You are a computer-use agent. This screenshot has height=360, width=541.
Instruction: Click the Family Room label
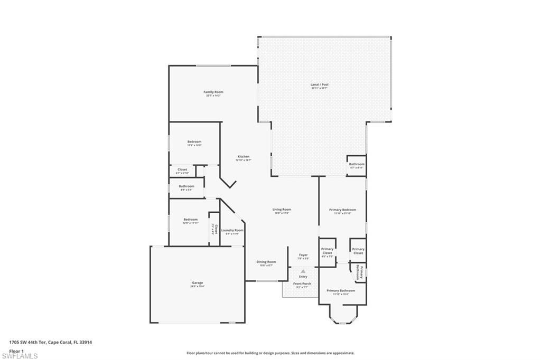(x=213, y=92)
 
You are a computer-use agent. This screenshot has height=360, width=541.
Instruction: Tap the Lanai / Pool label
(x=320, y=84)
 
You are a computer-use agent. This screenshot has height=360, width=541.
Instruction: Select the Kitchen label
(x=243, y=157)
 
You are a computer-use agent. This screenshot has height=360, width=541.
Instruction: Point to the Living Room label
(x=282, y=210)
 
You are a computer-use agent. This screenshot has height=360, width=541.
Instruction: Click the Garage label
(x=197, y=283)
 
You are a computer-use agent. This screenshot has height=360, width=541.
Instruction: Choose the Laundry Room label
(x=232, y=231)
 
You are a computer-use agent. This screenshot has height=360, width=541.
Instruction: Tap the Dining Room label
(x=266, y=262)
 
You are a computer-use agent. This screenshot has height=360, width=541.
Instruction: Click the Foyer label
(x=303, y=255)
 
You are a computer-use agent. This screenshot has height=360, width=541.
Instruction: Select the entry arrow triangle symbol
(x=303, y=271)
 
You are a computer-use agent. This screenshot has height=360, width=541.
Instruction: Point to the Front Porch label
(x=302, y=284)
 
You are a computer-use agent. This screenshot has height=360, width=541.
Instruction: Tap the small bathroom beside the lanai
(x=357, y=164)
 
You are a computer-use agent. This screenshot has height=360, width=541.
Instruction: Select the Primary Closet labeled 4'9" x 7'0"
(x=327, y=251)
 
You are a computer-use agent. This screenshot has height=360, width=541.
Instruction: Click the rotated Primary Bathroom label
(x=359, y=271)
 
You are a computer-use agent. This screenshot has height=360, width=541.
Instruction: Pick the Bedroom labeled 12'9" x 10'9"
(x=194, y=142)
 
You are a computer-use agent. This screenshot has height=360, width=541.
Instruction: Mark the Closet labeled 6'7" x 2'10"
(x=182, y=170)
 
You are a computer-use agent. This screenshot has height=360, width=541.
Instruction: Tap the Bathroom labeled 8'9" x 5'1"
(x=186, y=186)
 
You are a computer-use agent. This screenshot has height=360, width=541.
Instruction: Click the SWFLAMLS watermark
(x=20, y=356)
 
